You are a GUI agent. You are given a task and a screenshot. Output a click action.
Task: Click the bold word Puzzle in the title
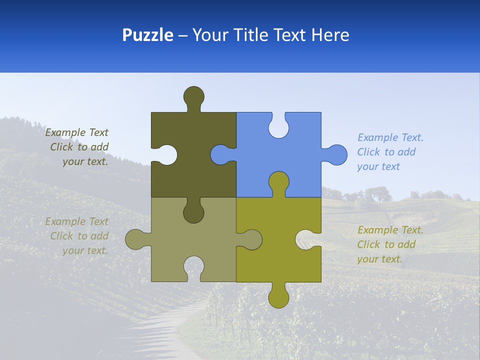coord(148,35)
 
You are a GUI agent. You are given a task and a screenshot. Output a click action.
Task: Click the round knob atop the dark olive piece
coord(194,96)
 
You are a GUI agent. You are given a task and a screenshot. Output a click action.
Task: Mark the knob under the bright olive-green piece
coord(278,296)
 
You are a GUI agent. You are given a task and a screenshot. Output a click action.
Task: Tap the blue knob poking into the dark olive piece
coord(220,155)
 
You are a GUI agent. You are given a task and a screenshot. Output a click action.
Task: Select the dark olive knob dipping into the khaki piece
coord(194,212)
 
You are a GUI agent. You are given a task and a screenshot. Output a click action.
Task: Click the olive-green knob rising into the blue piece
coord(278,182)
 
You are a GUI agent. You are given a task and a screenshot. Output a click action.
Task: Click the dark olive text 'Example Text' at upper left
coord(77,132)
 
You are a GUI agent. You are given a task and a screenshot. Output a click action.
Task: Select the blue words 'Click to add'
coord(386,152)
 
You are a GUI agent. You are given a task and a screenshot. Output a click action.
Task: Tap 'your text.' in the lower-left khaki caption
coord(85,250)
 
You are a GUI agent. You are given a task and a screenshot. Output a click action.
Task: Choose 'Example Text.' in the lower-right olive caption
coord(390,230)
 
